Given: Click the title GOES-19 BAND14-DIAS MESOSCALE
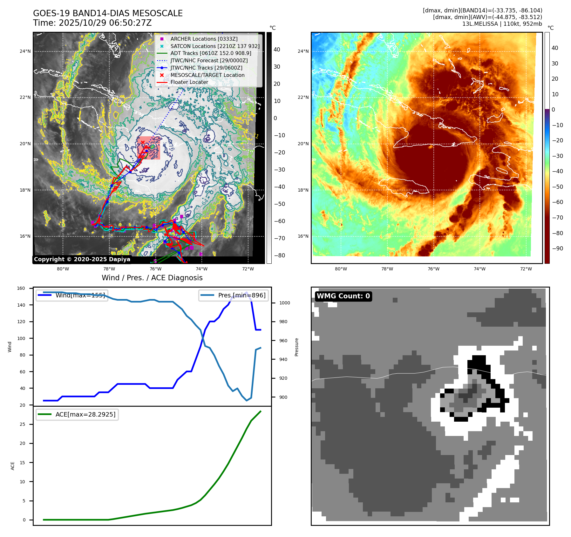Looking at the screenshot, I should point(108,13).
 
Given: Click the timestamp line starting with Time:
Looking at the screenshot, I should point(92,23).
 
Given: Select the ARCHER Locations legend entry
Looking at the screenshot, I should point(204,39).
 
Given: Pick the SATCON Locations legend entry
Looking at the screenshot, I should point(215,46).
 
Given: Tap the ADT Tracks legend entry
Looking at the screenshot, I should point(211,53).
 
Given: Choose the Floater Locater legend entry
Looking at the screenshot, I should point(189,82).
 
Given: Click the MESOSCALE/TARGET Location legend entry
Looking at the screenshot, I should point(207,75).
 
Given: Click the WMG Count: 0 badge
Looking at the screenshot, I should point(343,296).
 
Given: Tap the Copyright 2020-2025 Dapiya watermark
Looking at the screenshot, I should point(82,259).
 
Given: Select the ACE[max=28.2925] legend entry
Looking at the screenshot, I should point(85,414).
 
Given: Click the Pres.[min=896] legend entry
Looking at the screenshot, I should point(241,295).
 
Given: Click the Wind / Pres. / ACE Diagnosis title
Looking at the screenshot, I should point(152,278).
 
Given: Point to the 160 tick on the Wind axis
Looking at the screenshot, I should point(21,289).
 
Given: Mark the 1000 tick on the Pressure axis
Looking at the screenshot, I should point(284,303).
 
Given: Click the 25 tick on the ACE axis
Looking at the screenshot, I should point(22,425).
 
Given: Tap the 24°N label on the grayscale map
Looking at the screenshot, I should point(25,51).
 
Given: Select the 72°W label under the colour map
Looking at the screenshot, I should point(526,269).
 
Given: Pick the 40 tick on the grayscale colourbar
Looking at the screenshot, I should point(277,50).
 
